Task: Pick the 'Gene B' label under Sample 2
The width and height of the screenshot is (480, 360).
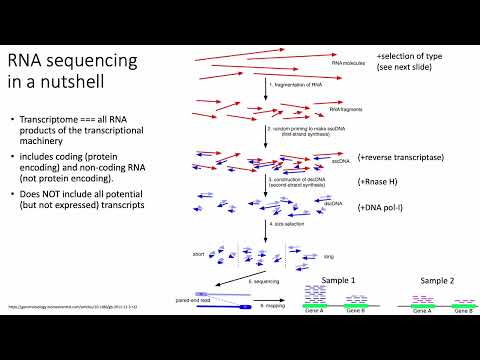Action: (463, 312)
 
